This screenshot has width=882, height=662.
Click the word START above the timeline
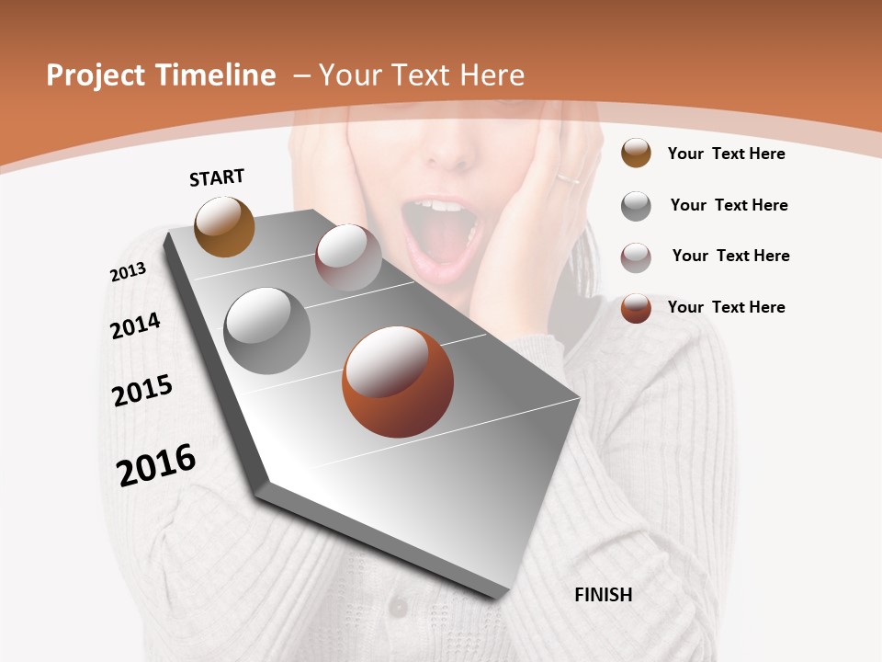tap(217, 177)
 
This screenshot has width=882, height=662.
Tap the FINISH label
tap(603, 595)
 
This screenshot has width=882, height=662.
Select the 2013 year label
tap(128, 271)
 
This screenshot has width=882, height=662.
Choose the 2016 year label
tap(156, 464)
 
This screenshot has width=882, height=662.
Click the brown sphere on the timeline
tap(224, 226)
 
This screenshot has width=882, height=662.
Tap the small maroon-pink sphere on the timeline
tap(348, 257)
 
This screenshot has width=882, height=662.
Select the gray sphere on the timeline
tap(267, 330)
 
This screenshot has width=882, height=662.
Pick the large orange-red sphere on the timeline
tap(398, 382)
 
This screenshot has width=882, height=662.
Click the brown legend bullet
tap(636, 153)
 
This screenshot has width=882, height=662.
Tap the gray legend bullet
tap(636, 205)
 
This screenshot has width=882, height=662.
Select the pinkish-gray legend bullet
tap(636, 257)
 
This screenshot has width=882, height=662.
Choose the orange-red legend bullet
tap(636, 307)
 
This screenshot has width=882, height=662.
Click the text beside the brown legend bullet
tap(726, 154)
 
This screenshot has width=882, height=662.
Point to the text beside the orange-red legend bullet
tap(726, 307)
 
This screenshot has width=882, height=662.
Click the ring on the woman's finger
tap(567, 177)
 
